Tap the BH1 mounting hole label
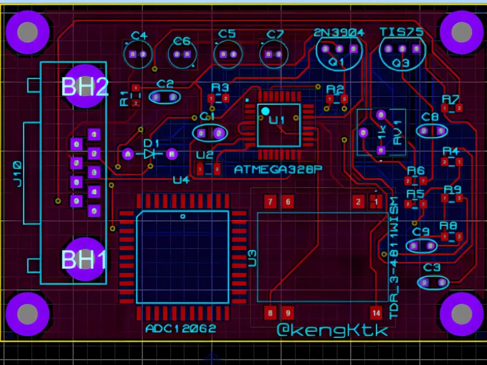[84, 260]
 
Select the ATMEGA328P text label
[279, 169]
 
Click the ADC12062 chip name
[180, 328]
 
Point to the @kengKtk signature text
[333, 330]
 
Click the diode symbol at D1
[150, 154]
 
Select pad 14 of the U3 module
[376, 312]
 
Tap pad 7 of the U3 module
[270, 201]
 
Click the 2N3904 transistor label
[339, 33]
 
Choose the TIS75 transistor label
[401, 32]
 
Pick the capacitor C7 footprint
[274, 55]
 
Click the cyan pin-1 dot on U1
[265, 111]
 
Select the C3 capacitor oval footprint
[432, 282]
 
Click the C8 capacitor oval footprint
[432, 131]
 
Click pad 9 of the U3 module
[287, 312]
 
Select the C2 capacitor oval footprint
[165, 97]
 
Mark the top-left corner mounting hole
[27, 32]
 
